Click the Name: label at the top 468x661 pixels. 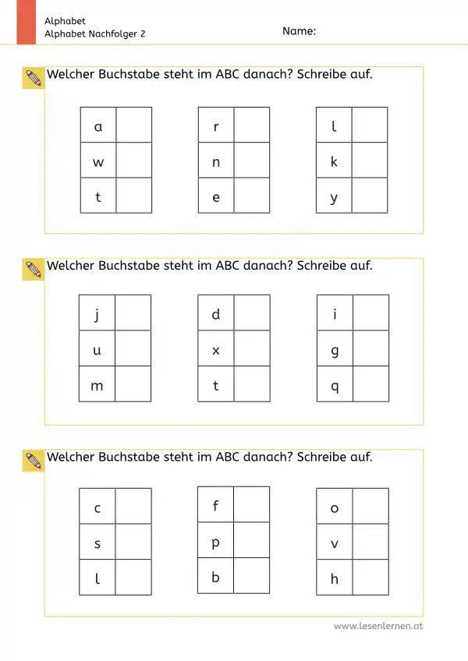click(299, 31)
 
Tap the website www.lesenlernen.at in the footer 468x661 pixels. click(378, 625)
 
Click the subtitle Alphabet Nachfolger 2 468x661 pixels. click(95, 34)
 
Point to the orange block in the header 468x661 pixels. click(27, 22)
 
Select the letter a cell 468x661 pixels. click(98, 125)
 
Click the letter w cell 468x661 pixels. click(98, 161)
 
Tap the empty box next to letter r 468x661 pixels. click(251, 125)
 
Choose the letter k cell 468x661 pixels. click(334, 161)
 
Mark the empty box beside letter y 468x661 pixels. click(369, 196)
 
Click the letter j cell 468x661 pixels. click(97, 313)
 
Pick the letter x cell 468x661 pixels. click(216, 349)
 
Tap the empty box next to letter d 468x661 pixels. click(251, 313)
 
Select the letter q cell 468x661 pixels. click(335, 384)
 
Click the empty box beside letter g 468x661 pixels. click(370, 349)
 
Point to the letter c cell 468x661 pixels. click(97, 507)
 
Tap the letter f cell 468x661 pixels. click(216, 505)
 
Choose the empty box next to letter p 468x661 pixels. click(251, 540)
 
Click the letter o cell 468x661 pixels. click(335, 507)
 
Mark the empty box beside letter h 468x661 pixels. click(370, 578)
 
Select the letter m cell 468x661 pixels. click(97, 384)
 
